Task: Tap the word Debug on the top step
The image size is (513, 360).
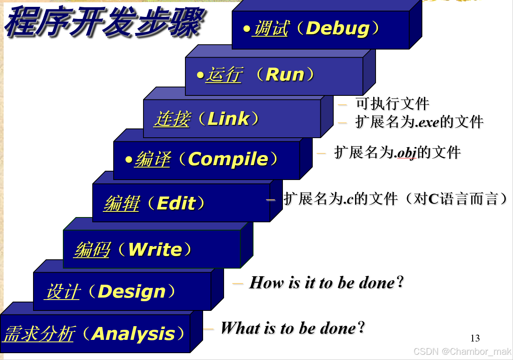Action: (338, 29)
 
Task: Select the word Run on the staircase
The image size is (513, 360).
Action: (285, 75)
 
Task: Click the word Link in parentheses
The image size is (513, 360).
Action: (228, 119)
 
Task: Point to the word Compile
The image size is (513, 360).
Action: (228, 159)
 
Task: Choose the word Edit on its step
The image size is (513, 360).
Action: (176, 203)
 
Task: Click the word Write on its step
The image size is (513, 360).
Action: (155, 250)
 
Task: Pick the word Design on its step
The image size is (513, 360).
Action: (132, 292)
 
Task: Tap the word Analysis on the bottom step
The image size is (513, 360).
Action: (133, 334)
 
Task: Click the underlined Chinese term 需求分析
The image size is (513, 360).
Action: (39, 334)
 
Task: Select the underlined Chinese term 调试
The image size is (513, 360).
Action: (270, 29)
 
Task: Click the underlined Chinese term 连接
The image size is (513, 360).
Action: (172, 119)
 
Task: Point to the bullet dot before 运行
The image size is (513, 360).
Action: (200, 75)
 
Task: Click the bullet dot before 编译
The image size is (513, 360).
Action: (129, 159)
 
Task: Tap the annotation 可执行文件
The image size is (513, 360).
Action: (392, 104)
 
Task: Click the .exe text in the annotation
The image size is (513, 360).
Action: (427, 122)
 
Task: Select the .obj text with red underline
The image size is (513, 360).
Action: (405, 153)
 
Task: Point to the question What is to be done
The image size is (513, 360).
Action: (293, 328)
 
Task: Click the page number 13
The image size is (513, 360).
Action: (475, 338)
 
